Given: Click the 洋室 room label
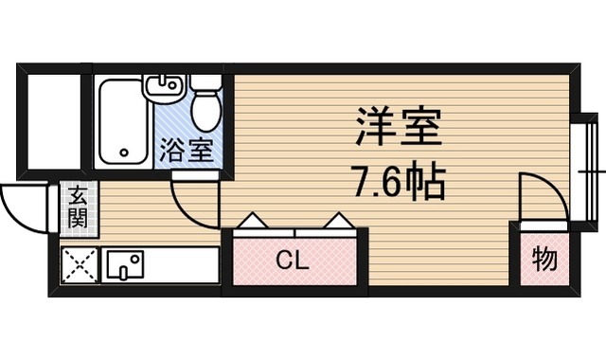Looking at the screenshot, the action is coord(399,126).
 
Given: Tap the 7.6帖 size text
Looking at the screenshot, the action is coord(398,181).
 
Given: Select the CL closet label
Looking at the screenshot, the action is coord(293,261).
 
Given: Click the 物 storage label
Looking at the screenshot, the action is coord(544,260).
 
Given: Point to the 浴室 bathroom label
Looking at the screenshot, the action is coord(187,150).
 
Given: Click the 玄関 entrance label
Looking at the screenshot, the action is coord(78,208).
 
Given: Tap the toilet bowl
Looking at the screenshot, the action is coord(207,111).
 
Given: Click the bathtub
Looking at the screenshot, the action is coord(123,122).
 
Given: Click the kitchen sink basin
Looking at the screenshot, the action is coord(125,264).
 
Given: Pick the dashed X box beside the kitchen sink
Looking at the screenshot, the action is coord(80,265).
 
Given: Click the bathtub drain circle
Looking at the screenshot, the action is coord(124,153).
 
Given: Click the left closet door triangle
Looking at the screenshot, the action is coord(253,221).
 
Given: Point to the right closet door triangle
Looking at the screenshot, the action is coord(339,221).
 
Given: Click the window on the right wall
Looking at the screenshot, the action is coord(589,171).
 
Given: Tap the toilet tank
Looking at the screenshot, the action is coord(206,82).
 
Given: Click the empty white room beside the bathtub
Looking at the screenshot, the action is coord(54,122).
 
